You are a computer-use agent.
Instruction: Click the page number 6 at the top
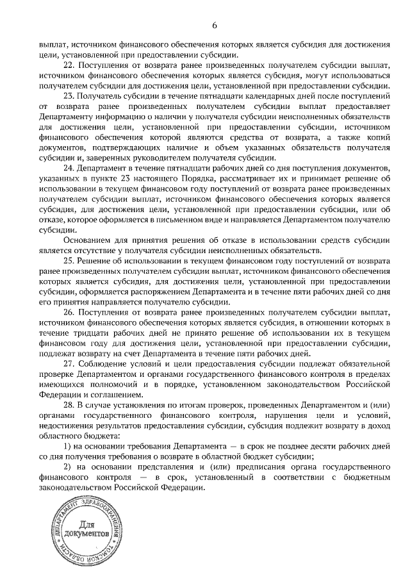(215, 25)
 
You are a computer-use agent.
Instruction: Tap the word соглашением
(109, 395)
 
